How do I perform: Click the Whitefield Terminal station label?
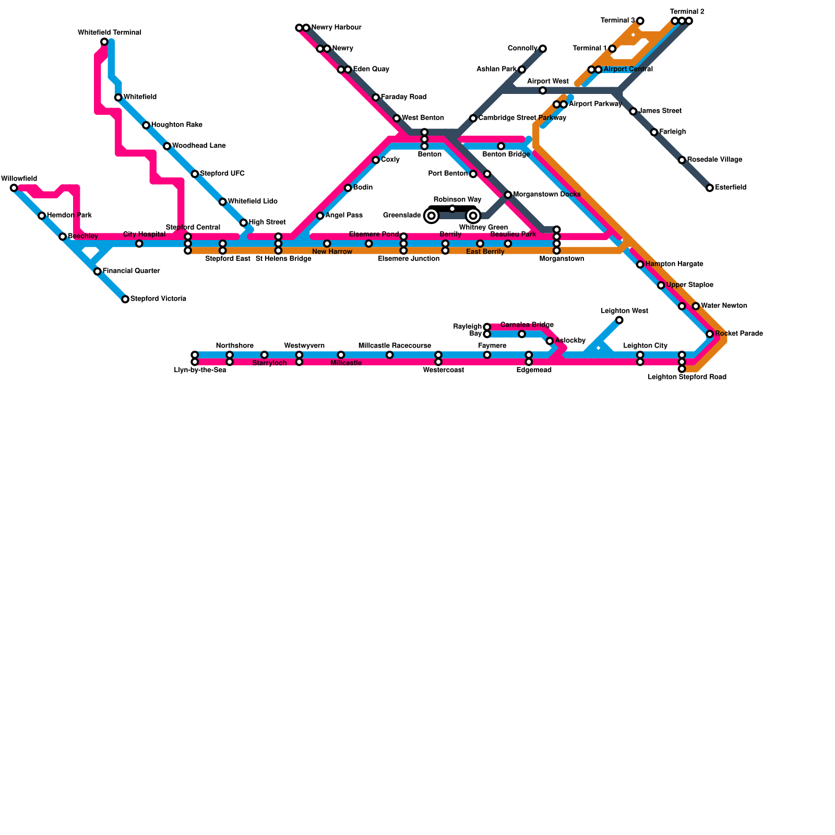click(110, 33)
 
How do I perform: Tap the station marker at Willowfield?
click(14, 188)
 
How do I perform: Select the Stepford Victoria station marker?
click(125, 299)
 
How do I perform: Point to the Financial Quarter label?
click(131, 271)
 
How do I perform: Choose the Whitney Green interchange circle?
click(473, 216)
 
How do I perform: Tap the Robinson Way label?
click(457, 200)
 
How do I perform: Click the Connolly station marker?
click(543, 49)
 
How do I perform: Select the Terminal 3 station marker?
click(640, 21)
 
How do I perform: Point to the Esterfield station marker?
click(710, 188)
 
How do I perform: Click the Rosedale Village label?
click(714, 160)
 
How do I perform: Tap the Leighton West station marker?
click(619, 320)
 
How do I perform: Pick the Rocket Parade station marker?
click(710, 334)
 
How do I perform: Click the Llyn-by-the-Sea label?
click(200, 371)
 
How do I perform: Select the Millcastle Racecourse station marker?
click(390, 355)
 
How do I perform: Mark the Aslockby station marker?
click(550, 341)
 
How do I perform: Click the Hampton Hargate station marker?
click(640, 265)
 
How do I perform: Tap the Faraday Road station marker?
click(376, 98)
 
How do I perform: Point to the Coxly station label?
click(390, 160)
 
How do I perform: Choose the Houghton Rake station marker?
click(146, 125)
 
